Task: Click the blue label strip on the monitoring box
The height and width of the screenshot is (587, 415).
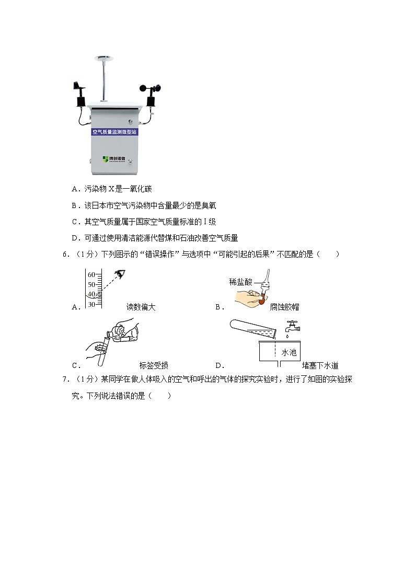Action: tap(113, 132)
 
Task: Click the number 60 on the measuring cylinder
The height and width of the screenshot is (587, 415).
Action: tap(91, 274)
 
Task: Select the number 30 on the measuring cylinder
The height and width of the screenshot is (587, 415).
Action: tap(91, 304)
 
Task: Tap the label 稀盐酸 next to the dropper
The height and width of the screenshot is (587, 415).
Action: tap(240, 282)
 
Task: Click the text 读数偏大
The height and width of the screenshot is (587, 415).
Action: tap(141, 307)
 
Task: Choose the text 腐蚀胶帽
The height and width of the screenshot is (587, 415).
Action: tap(284, 307)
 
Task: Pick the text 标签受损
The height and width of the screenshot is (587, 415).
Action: tap(154, 366)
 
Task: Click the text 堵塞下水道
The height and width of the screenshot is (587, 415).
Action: tap(320, 366)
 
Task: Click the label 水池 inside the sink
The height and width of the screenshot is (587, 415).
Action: tap(289, 353)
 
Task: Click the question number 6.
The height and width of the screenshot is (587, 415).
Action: tap(64, 255)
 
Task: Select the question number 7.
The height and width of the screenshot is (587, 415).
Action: tap(64, 379)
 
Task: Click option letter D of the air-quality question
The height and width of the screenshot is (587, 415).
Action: tap(75, 238)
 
